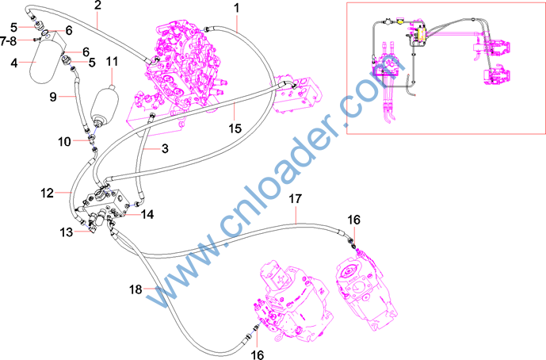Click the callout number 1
pos(237,8)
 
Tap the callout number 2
pos(97,6)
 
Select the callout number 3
pos(165,149)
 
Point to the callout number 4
pos(14,63)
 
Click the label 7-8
pos(9,41)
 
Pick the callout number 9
pos(53,97)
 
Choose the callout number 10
pos(64,142)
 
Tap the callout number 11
pos(112,62)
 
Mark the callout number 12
pos(47,193)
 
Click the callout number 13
pos(66,232)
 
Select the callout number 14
pos(147,214)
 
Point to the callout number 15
pos(235,128)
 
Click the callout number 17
pos(295,199)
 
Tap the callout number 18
pos(136,289)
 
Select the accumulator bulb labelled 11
pos(104,105)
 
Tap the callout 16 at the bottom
pos(258,354)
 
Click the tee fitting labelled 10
pos(91,140)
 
